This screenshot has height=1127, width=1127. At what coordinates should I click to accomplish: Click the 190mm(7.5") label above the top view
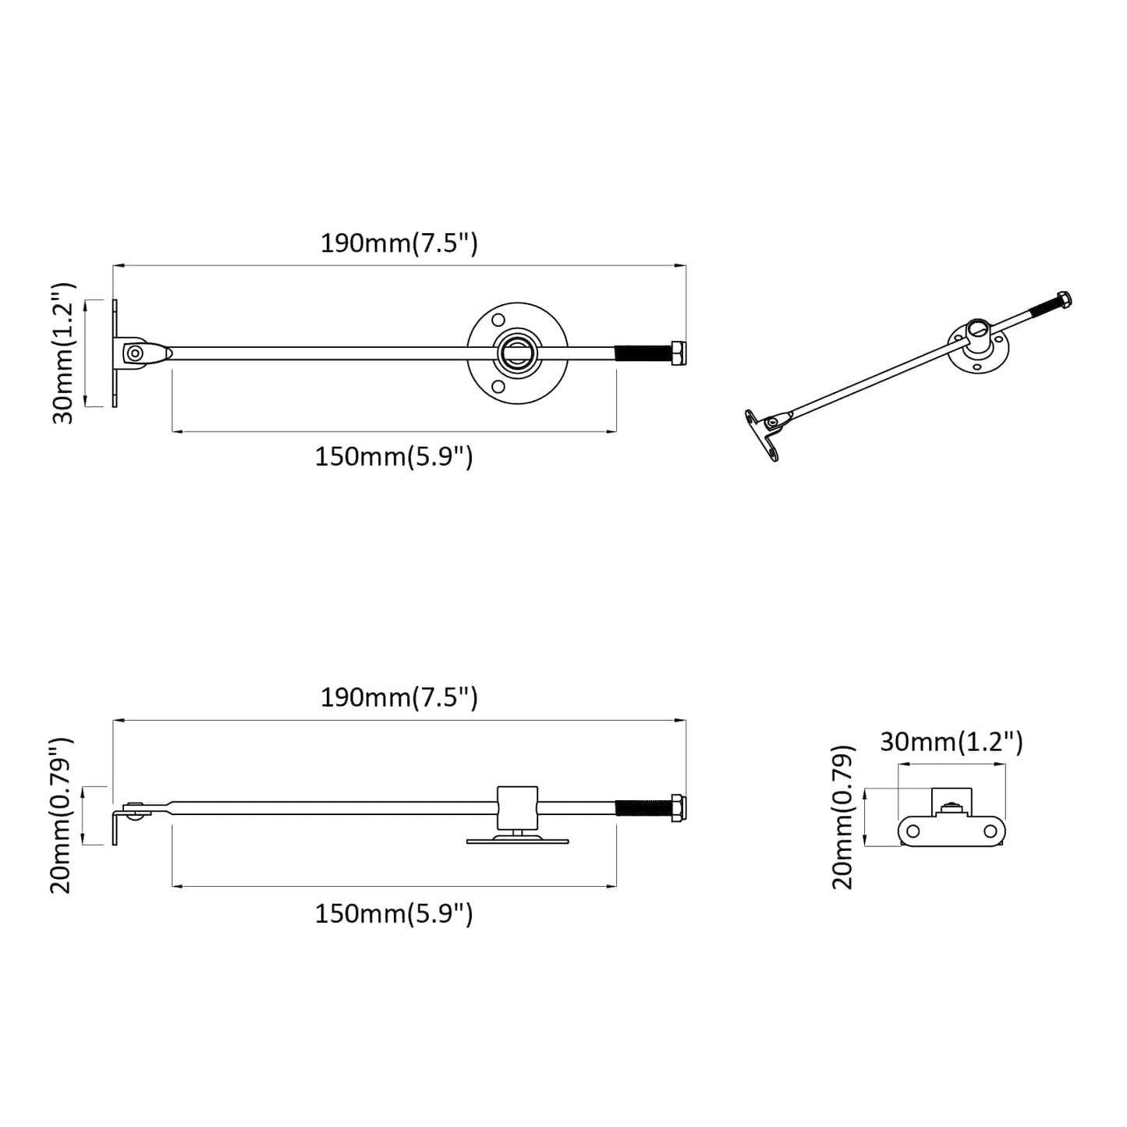[399, 243]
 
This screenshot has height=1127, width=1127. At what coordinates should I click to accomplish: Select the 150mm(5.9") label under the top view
[393, 456]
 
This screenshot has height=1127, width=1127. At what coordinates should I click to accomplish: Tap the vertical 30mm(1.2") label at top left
[64, 353]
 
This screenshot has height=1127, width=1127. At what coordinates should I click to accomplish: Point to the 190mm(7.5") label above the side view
[399, 697]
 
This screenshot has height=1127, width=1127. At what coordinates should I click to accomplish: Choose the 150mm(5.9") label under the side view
[393, 913]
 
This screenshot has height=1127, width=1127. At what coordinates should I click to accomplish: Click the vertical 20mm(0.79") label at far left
[62, 814]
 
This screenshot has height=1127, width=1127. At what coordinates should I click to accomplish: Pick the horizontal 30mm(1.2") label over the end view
[951, 742]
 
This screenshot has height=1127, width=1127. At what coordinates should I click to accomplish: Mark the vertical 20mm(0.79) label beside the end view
[843, 817]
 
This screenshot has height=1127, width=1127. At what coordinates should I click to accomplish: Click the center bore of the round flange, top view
[518, 353]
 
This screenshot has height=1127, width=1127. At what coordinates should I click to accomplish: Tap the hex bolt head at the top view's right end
[678, 353]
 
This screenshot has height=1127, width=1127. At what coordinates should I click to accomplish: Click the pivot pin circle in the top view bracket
[135, 353]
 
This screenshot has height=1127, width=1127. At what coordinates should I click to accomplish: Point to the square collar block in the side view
[518, 807]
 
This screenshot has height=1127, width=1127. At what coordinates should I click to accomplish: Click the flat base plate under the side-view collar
[518, 841]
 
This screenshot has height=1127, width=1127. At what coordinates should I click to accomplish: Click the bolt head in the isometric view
[1062, 299]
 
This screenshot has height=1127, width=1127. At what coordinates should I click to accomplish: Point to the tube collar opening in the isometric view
[977, 328]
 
